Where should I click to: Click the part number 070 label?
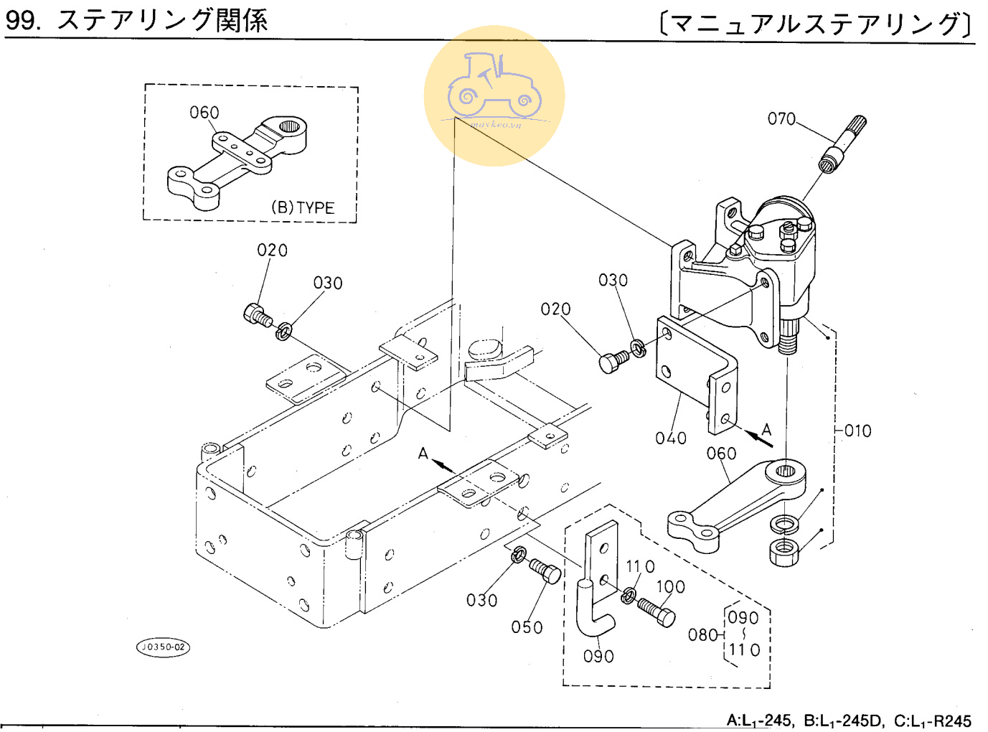[x=781, y=118]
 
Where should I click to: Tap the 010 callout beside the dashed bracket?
[x=857, y=431]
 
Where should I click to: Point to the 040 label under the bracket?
[x=671, y=438]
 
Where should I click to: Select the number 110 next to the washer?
[x=640, y=566]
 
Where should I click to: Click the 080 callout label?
[x=702, y=634]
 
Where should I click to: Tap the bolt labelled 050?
[x=545, y=571]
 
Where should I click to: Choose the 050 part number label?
[x=527, y=627]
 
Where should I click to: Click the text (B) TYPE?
[x=303, y=207]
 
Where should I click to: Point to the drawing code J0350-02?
[x=164, y=647]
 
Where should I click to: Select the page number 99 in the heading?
[x=20, y=20]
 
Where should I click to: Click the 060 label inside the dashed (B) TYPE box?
[x=204, y=113]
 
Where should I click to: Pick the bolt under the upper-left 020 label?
[x=257, y=314]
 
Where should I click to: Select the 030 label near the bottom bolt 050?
[x=481, y=600]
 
